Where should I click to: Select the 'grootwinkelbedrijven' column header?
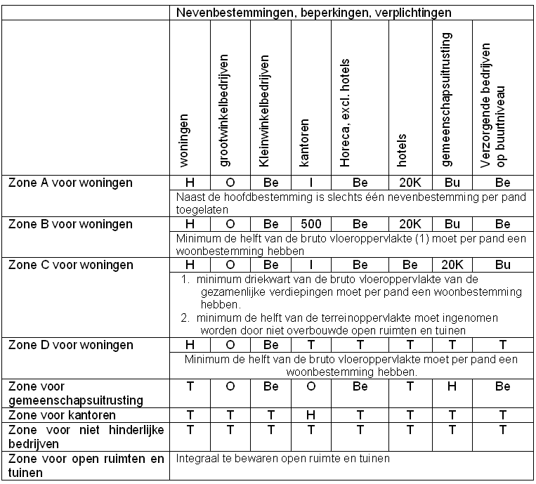point(224,112)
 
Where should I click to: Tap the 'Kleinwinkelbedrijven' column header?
point(264,112)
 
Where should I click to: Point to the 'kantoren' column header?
point(305,147)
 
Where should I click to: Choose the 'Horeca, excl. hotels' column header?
point(345,119)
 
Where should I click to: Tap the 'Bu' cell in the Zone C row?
point(504,266)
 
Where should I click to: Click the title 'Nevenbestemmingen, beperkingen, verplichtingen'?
point(313,13)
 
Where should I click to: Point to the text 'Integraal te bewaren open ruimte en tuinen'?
point(283,459)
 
